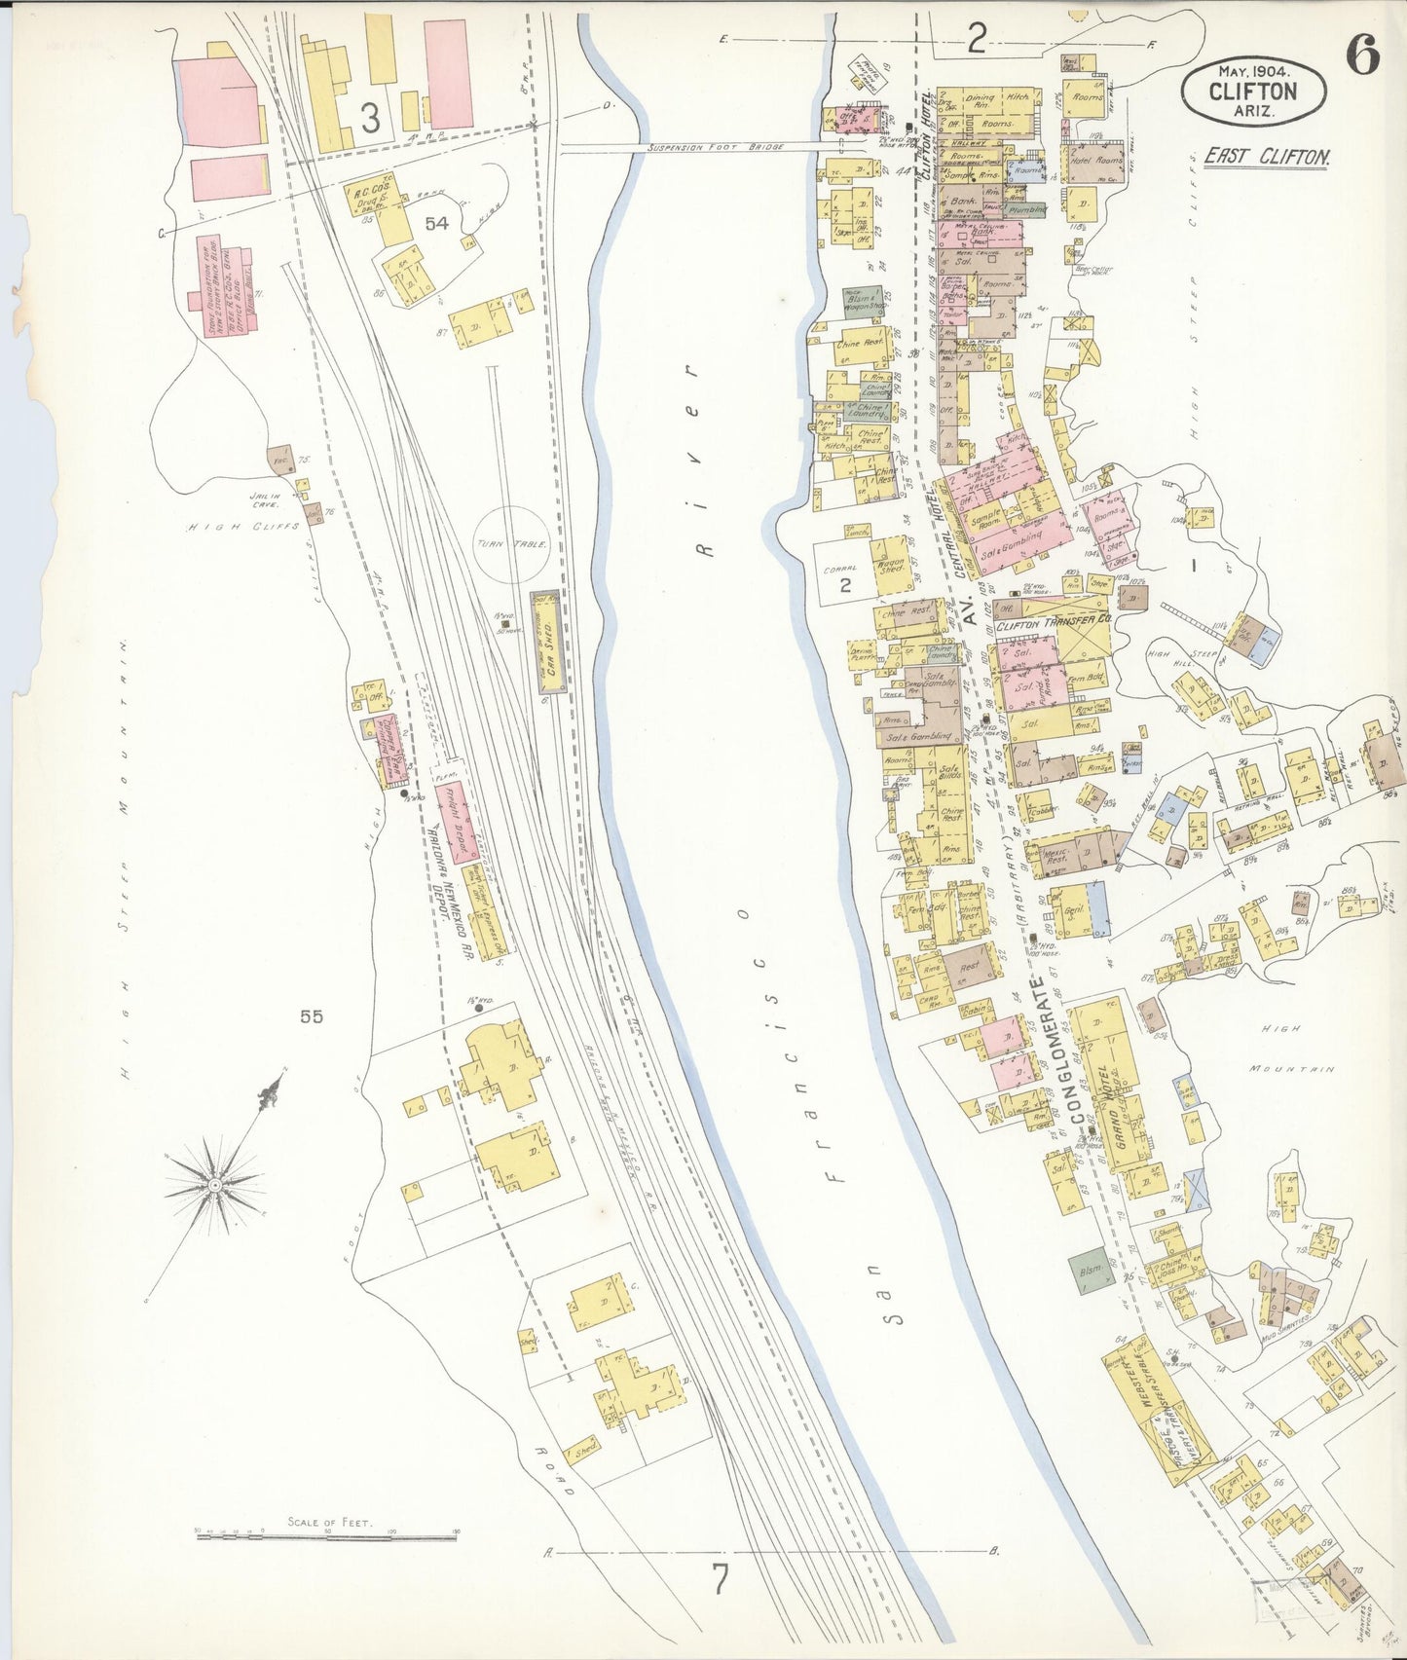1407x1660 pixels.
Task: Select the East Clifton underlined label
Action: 1266,157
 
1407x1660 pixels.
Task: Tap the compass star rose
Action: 214,1182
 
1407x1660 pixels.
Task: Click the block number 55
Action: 312,1016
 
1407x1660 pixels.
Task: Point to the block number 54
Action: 435,224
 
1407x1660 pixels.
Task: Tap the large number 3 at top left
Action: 370,118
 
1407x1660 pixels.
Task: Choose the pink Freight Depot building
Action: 457,823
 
